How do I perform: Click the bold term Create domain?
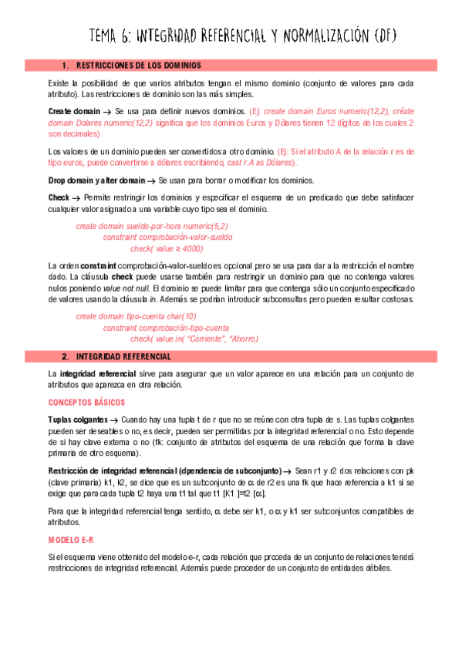point(74,112)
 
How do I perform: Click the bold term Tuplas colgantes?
point(79,418)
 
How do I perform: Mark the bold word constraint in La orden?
point(96,265)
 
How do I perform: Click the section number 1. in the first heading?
point(66,66)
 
